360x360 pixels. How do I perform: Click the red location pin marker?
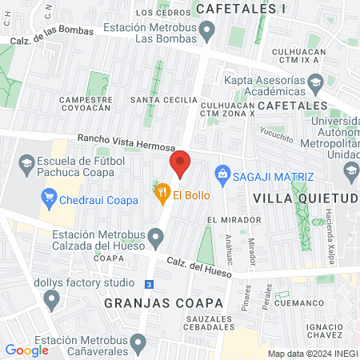[x=180, y=164]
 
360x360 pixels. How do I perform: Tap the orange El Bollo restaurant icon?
[x=162, y=191]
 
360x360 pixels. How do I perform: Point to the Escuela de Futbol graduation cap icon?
[x=27, y=164]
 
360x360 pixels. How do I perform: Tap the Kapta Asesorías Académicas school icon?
[x=316, y=82]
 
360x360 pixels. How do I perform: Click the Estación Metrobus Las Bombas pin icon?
[x=207, y=32]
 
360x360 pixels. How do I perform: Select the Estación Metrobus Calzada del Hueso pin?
[x=157, y=237]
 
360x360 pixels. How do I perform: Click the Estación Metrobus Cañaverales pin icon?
[x=139, y=345]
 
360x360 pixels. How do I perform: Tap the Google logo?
[x=26, y=350]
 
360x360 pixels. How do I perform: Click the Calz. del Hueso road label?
[x=199, y=267]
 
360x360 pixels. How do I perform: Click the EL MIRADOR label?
[x=234, y=219]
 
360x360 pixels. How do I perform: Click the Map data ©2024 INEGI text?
[x=311, y=354]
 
